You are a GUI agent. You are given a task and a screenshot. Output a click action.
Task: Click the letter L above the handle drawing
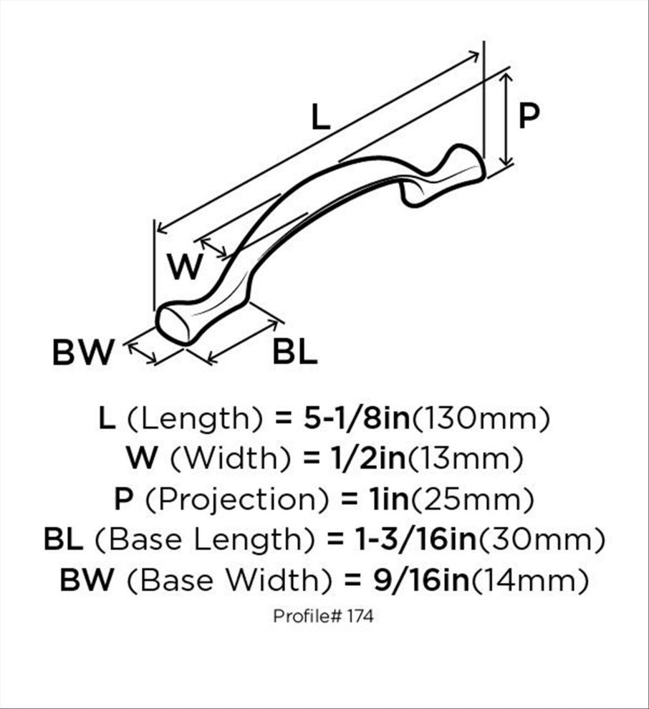(321, 117)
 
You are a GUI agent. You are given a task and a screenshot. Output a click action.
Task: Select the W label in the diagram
(185, 266)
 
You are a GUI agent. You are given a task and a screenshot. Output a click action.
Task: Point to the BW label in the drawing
(83, 352)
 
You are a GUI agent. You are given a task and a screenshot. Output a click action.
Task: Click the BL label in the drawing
(295, 352)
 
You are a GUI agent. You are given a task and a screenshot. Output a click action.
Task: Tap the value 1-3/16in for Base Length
(416, 539)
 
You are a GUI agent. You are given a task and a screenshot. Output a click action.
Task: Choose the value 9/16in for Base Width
(421, 579)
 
